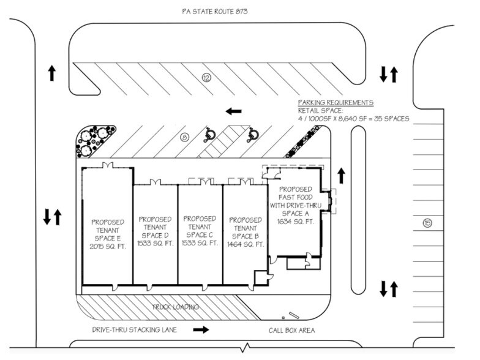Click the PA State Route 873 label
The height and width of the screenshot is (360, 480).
click(x=215, y=12)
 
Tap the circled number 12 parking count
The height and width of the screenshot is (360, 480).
click(x=206, y=78)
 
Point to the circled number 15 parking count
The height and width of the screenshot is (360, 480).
click(x=427, y=222)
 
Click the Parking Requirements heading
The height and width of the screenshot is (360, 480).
click(x=336, y=103)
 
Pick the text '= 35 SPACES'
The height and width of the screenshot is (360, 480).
click(x=386, y=119)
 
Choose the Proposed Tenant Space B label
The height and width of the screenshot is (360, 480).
click(x=245, y=231)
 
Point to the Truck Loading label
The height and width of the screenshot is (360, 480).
click(x=178, y=307)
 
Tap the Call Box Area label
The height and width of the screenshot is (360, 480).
click(x=291, y=331)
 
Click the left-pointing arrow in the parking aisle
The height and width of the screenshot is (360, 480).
click(x=233, y=111)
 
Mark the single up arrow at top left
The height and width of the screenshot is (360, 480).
click(x=52, y=74)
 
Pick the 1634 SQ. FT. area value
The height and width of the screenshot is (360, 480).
click(x=294, y=222)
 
